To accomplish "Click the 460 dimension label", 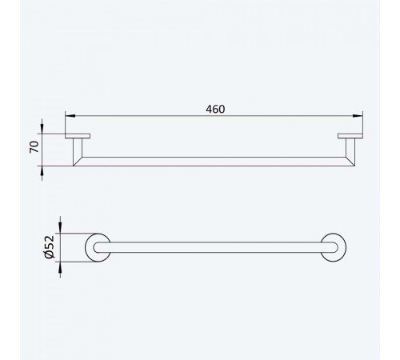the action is pyautogui.click(x=215, y=109).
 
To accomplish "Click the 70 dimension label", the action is pyautogui.click(x=34, y=147).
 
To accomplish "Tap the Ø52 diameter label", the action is pyautogui.click(x=50, y=247).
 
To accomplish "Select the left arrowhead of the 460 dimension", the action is pyautogui.click(x=70, y=116).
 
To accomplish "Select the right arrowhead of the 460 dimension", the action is pyautogui.click(x=358, y=116).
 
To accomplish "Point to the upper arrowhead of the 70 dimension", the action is pyautogui.click(x=42, y=129).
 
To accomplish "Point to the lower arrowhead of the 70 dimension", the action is pyautogui.click(x=42, y=171).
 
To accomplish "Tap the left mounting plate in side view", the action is pyautogui.click(x=78, y=136).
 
